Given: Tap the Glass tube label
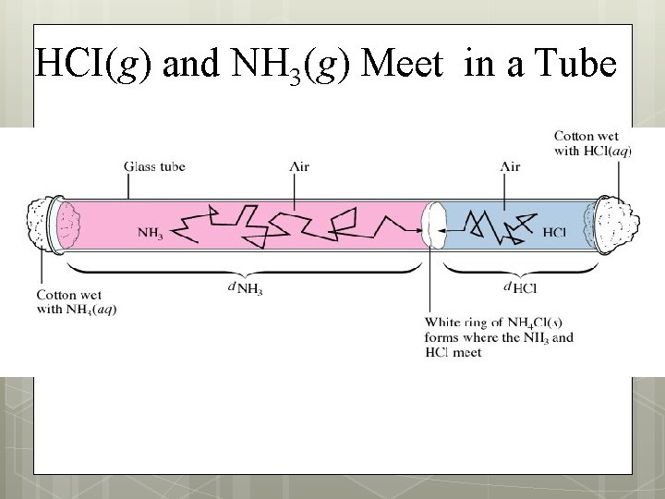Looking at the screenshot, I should point(154,166).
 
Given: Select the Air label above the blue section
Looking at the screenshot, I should point(509,166).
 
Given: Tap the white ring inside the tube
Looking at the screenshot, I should point(432,224).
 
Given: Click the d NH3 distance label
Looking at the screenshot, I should point(244,288).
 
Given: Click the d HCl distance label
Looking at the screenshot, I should point(521,288).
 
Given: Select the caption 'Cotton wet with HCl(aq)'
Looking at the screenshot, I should point(592,143).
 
